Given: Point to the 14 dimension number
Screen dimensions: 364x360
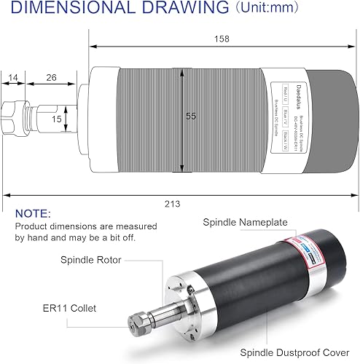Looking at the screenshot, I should pyautogui.click(x=13, y=77).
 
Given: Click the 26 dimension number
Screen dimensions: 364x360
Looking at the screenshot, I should pyautogui.click(x=50, y=77).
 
